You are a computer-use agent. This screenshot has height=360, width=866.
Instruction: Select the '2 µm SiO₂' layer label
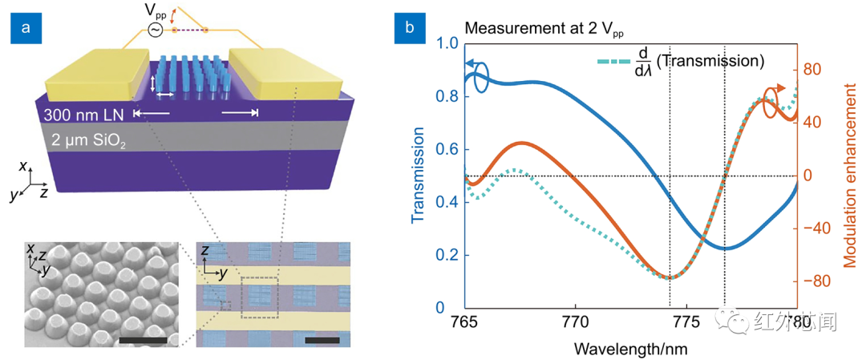[x=87, y=140]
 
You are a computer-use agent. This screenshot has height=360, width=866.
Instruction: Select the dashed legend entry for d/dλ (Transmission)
[x=617, y=59]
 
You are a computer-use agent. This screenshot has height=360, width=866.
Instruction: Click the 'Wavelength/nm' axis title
[x=631, y=350]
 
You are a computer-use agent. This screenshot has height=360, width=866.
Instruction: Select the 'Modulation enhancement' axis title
[x=852, y=176]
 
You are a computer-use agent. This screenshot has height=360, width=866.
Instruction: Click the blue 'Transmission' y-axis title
[x=419, y=176]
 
